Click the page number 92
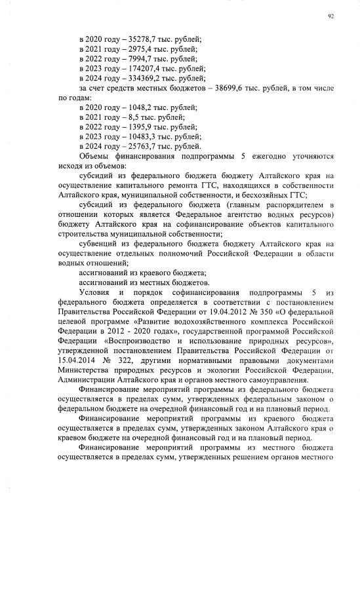click(x=330, y=18)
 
